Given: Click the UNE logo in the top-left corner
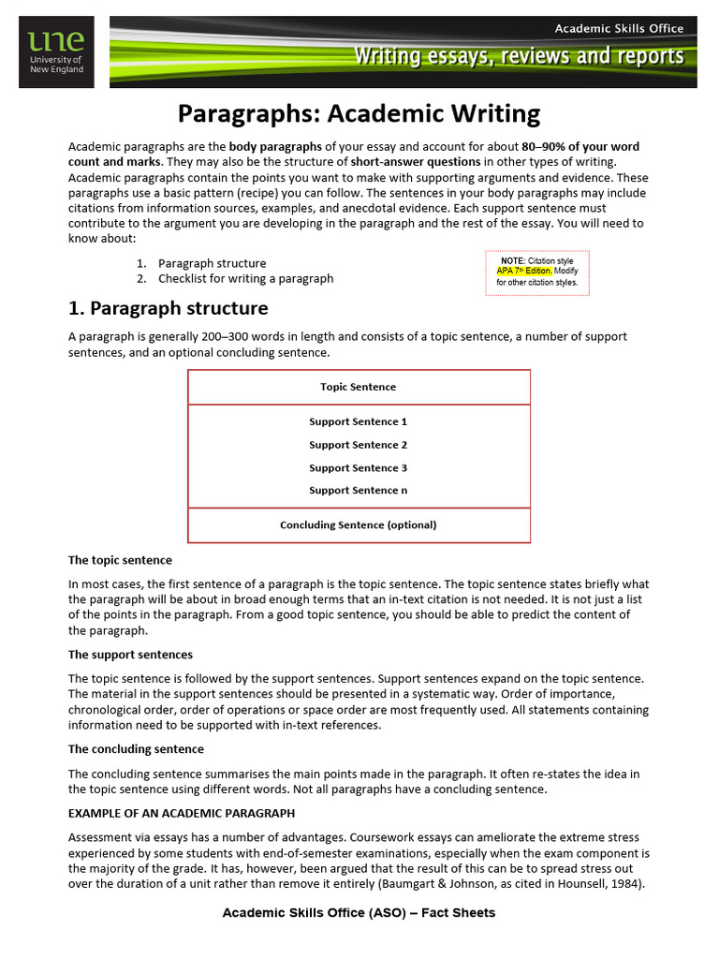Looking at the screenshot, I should tap(55, 52).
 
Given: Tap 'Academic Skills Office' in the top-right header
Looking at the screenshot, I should tap(619, 28).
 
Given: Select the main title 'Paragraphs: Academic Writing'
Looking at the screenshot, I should tap(359, 114).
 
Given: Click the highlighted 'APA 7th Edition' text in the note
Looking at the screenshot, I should tap(524, 271).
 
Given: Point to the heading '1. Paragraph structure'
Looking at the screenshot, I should tap(168, 308).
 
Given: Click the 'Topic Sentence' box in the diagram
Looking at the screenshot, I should tap(359, 387).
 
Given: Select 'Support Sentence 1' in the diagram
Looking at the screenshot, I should tap(359, 421).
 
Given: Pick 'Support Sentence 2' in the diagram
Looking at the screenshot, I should tap(359, 445).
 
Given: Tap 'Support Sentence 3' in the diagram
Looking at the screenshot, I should tap(359, 467).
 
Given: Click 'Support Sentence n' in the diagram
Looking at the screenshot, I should tap(359, 490).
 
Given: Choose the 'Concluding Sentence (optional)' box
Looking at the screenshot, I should tap(359, 524).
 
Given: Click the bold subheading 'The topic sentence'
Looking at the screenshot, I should tap(120, 560).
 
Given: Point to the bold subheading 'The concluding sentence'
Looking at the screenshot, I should tap(136, 749).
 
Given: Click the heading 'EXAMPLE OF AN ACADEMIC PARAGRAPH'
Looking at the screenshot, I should tap(182, 813).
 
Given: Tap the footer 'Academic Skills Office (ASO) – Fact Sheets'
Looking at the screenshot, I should tap(359, 912).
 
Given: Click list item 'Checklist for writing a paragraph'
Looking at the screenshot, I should tap(245, 278).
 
